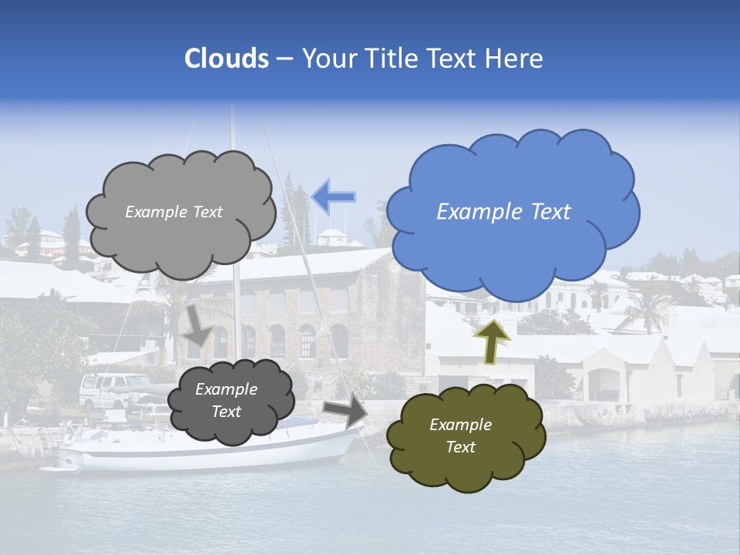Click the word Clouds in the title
[226, 59]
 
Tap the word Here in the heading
[516, 59]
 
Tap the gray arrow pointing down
[198, 325]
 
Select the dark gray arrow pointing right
[345, 411]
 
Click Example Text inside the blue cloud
[503, 212]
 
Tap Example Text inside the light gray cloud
[173, 212]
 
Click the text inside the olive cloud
[460, 436]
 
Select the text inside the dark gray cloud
[226, 400]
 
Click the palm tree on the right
[644, 304]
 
